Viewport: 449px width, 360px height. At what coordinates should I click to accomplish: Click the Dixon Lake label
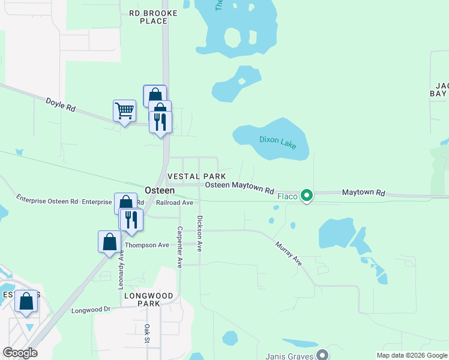tap(277, 142)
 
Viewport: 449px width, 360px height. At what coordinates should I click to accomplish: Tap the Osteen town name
tap(160, 190)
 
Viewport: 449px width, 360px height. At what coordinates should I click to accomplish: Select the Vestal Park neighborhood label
tap(196, 176)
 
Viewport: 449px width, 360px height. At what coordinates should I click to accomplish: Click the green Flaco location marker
tap(307, 196)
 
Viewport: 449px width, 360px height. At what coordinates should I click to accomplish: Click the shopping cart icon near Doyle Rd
tap(124, 111)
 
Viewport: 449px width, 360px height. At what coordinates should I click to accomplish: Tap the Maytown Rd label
tap(363, 193)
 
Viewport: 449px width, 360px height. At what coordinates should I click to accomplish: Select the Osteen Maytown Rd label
tap(240, 187)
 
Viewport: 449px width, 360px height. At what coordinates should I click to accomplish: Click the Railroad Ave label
tap(174, 203)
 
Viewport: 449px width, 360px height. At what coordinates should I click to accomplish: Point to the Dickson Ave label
tap(200, 233)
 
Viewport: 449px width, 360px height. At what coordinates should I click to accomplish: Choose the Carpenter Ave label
tap(179, 247)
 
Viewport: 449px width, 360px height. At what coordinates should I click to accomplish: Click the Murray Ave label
tap(289, 253)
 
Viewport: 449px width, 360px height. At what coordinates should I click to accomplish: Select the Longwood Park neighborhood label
tap(148, 299)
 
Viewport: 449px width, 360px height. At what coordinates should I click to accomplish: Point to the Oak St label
tap(146, 334)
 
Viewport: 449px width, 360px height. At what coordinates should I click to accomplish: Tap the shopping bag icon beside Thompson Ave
tap(109, 242)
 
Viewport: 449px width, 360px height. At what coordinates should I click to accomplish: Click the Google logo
tap(20, 353)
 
